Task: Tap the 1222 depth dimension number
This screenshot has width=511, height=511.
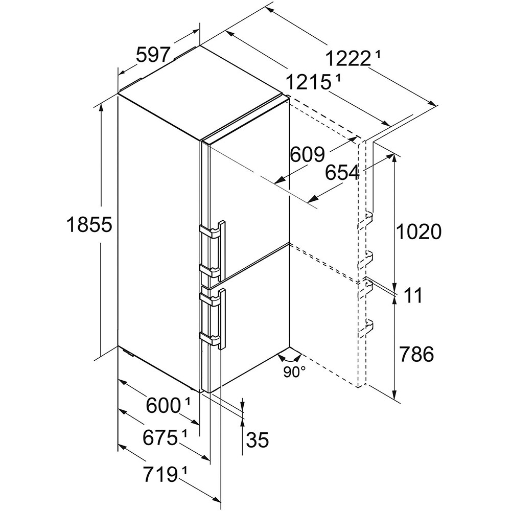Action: point(347,60)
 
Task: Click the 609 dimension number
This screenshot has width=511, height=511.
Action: point(307,154)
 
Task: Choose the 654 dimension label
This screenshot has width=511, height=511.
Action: point(342,174)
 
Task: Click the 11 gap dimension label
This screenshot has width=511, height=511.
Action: point(413,295)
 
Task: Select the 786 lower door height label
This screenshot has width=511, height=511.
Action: point(416,354)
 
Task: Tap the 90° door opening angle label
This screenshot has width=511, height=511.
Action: point(295,372)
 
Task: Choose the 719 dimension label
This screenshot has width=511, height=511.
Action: point(156,476)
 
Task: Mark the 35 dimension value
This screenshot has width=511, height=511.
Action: point(257,439)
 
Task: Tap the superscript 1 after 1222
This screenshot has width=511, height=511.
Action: point(377,53)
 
